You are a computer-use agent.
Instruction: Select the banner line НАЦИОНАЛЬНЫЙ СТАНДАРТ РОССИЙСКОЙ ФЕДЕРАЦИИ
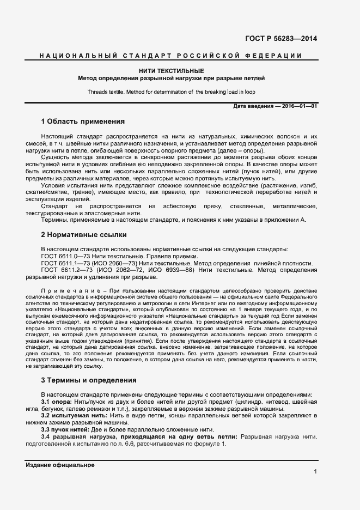point(170,56)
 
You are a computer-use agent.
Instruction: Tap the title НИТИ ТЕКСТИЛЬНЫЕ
point(171,71)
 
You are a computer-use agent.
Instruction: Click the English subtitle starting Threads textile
point(171,92)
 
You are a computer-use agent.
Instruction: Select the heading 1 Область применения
point(83,121)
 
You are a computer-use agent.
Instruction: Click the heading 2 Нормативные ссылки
point(84,235)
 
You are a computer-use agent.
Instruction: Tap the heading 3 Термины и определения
point(89,380)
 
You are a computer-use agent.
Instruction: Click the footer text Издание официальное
point(60,465)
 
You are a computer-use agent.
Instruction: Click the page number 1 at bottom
point(315,472)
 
